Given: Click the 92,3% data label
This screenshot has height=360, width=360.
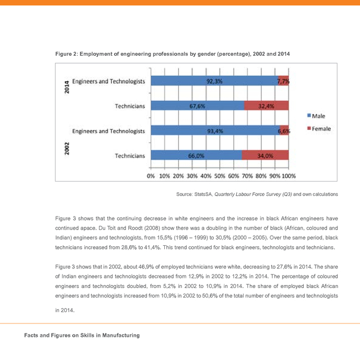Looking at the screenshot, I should [214, 81].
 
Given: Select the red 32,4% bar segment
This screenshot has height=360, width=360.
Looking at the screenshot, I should [266, 106].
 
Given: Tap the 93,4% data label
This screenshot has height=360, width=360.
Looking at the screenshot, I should [215, 131].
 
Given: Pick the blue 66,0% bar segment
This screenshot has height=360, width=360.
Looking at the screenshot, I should [196, 156].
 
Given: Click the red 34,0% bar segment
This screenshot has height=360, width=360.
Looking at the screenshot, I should [265, 156].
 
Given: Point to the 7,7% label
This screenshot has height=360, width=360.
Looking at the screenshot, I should [283, 81].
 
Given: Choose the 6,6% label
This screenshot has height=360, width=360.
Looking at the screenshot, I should [284, 131].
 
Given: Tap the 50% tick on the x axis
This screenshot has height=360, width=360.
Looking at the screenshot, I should [220, 176].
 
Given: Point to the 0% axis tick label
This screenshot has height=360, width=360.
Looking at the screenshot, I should [151, 176].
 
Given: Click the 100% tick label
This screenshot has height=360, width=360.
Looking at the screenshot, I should [289, 176].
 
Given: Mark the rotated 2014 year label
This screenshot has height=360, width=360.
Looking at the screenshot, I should [66, 87].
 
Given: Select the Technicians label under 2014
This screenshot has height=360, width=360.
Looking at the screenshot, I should [130, 106].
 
